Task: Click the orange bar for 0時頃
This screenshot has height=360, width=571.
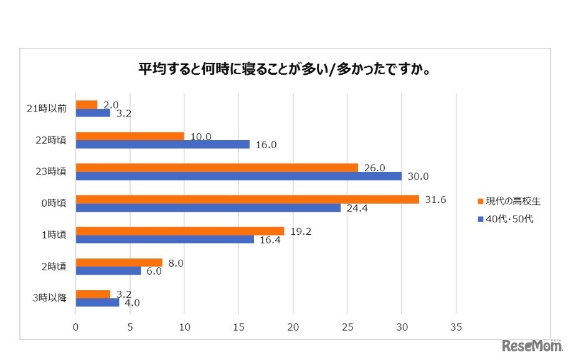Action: (x=247, y=199)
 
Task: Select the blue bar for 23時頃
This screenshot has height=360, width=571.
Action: (x=240, y=176)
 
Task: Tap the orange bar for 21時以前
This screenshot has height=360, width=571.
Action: (x=87, y=105)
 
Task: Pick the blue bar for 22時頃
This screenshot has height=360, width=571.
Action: (x=163, y=144)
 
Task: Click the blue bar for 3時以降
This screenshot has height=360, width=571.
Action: (x=97, y=302)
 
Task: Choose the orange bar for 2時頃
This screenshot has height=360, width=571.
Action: (x=119, y=262)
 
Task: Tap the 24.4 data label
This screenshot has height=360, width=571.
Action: (x=357, y=208)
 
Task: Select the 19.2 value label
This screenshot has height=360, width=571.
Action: (x=301, y=230)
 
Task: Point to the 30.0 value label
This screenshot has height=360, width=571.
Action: (x=418, y=176)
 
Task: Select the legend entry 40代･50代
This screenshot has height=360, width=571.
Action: (x=507, y=219)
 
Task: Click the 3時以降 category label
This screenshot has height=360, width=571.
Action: (x=54, y=298)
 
